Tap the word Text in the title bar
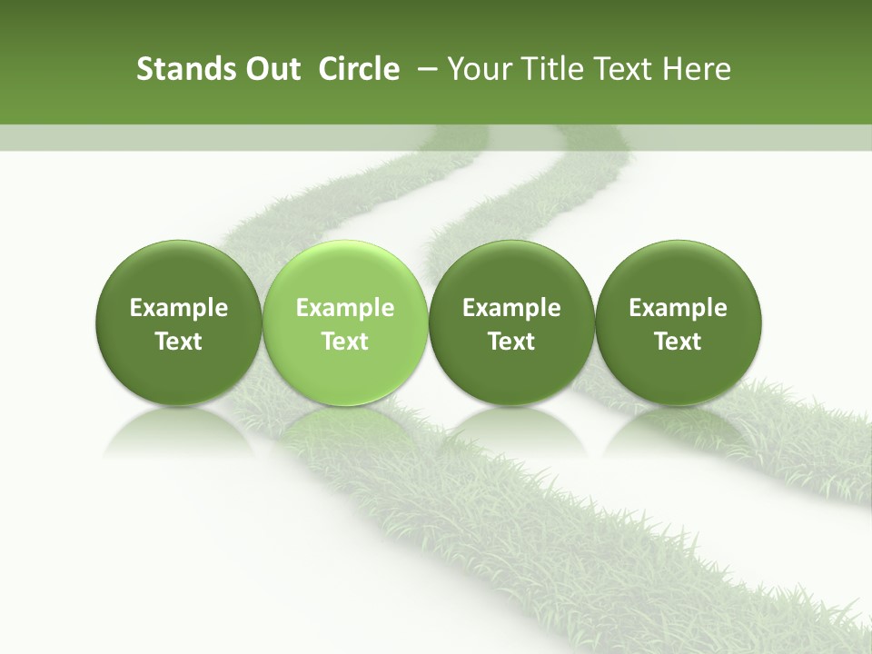(x=624, y=69)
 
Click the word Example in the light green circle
(x=345, y=309)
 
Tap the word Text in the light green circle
(x=345, y=342)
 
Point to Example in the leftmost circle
(x=179, y=309)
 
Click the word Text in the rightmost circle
(x=678, y=342)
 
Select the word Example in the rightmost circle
(x=678, y=309)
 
